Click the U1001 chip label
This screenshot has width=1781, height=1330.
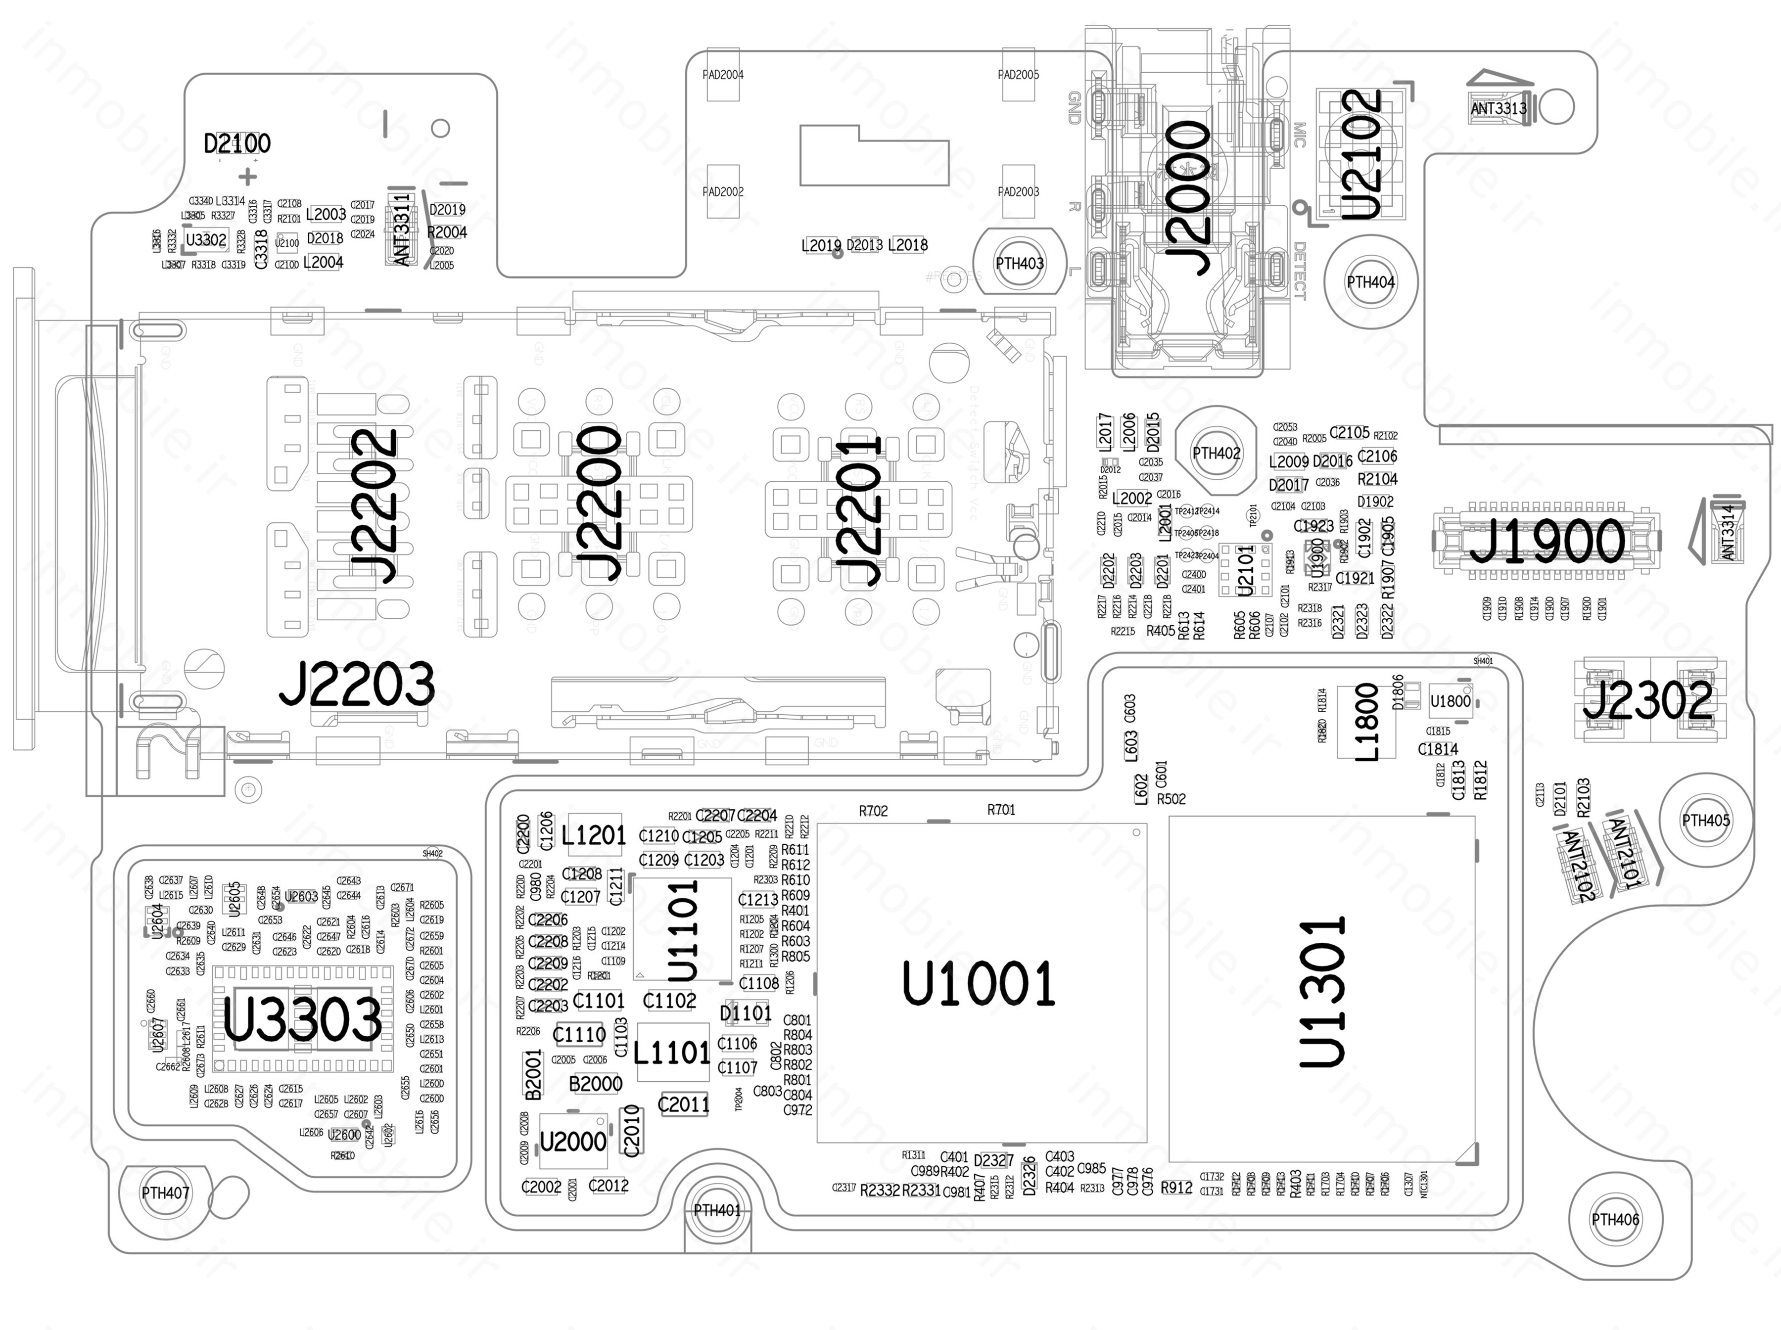(x=978, y=984)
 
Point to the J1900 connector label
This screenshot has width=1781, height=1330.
(x=1547, y=541)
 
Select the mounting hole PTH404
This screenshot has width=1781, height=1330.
(x=1370, y=282)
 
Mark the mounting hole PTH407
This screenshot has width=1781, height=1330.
(x=165, y=1193)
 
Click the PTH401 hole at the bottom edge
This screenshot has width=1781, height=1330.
(x=716, y=1210)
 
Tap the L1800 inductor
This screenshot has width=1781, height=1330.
(x=1367, y=722)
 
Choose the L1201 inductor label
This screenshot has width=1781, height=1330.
(x=593, y=836)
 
